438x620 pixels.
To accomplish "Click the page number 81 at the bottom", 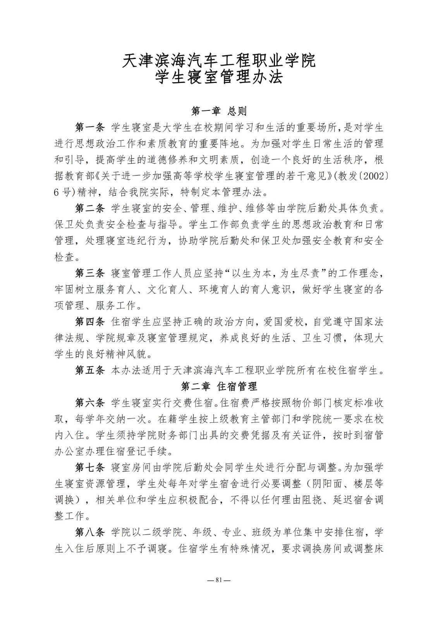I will coord(219,580).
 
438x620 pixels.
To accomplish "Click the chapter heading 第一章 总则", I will coord(219,111).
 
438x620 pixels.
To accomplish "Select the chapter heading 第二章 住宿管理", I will coord(219,386).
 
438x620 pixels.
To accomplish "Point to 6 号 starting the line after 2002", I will coord(64,192).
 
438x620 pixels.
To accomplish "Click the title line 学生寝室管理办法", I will coord(219,77).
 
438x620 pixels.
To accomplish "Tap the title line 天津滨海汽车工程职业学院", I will coord(219,60).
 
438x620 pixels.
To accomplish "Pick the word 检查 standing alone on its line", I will coord(64,257).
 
